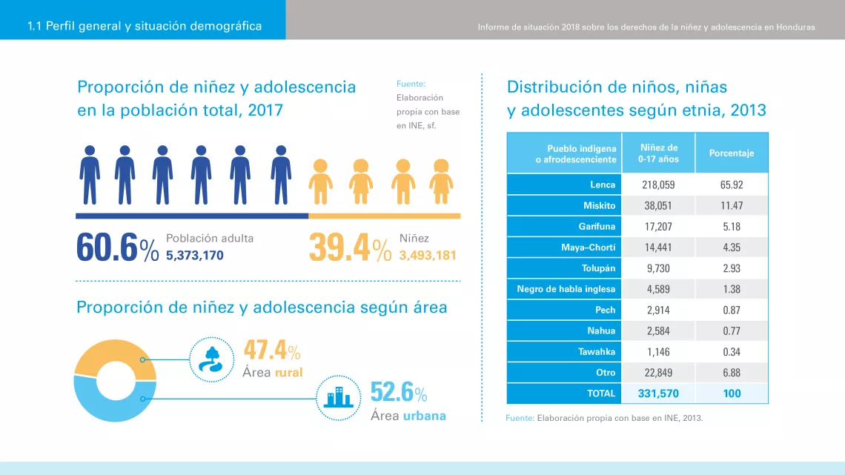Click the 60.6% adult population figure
point(117,248)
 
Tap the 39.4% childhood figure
point(351,248)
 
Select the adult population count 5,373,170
point(194,255)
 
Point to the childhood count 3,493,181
point(428,255)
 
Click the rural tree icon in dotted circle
point(211,359)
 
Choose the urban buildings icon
point(339,398)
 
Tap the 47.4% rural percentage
point(271,350)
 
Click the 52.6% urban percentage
point(399,392)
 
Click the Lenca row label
point(603,185)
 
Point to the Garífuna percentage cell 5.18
point(732,227)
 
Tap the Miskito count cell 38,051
point(658,206)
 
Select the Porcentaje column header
point(732,153)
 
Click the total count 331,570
point(658,393)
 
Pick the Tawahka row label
point(597,352)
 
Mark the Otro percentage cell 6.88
point(732,373)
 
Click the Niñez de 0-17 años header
point(658,153)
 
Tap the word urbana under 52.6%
point(425,416)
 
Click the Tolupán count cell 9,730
point(658,268)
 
